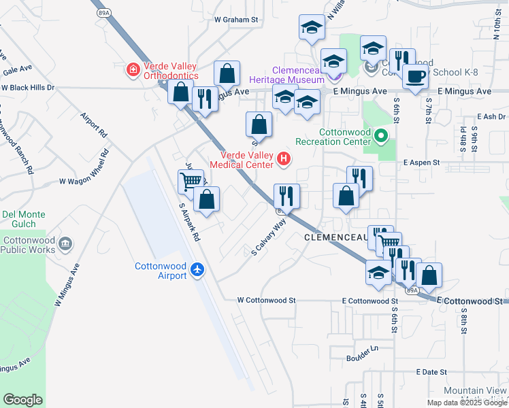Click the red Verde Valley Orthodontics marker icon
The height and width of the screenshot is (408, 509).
[x=133, y=69]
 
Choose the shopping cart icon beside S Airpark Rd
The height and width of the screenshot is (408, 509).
[x=191, y=182]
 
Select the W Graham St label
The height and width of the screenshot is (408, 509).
[x=237, y=20]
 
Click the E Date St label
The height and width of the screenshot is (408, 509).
[x=431, y=372]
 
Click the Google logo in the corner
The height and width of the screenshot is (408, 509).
[x=22, y=400]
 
